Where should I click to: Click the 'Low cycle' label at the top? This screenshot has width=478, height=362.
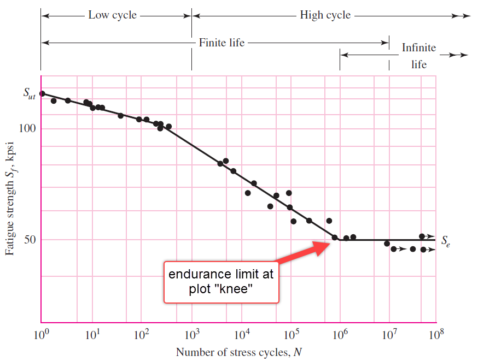[113, 15]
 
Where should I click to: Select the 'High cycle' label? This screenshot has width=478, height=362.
[325, 15]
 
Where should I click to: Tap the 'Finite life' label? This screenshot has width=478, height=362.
[221, 42]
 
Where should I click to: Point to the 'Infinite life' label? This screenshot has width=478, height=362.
[419, 56]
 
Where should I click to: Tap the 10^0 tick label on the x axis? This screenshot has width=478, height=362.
[41, 334]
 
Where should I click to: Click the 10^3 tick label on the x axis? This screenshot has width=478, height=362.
[192, 334]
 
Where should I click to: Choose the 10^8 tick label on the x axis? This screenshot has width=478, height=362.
[435, 334]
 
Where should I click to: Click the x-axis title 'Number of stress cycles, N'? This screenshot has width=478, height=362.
[238, 352]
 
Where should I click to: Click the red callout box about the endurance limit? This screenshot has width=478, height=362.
[221, 282]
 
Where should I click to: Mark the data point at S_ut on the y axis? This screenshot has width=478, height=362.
[42, 94]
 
